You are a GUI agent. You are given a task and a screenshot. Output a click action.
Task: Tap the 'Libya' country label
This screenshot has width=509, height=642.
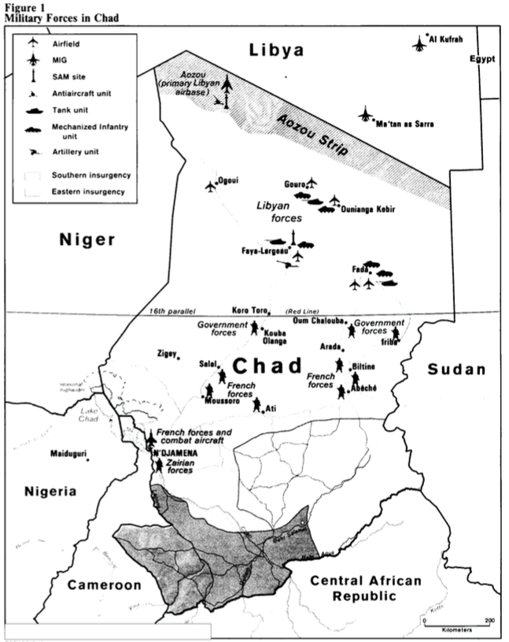coord(276,51)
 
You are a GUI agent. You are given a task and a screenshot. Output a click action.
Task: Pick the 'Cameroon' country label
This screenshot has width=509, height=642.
coord(103,584)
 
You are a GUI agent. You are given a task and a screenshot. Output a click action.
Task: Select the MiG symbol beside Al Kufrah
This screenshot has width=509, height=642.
coord(418,43)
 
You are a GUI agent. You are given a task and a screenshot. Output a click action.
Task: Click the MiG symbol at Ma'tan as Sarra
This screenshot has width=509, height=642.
coord(366,115)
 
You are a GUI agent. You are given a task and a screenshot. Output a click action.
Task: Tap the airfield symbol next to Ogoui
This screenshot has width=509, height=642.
coord(210,186)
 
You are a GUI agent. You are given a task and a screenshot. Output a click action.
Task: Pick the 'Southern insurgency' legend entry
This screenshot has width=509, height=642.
coord(91,175)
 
